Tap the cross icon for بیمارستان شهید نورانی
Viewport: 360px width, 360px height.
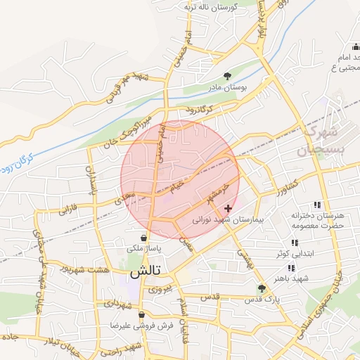point(228,208)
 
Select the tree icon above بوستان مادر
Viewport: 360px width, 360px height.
point(227,76)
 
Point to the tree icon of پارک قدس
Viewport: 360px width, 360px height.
point(262,288)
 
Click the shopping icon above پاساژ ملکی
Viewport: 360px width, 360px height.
point(144,238)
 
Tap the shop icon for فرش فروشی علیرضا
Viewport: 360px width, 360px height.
point(142,314)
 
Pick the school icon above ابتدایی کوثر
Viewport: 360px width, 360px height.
point(295,243)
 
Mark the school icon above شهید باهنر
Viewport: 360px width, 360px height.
point(291,268)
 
